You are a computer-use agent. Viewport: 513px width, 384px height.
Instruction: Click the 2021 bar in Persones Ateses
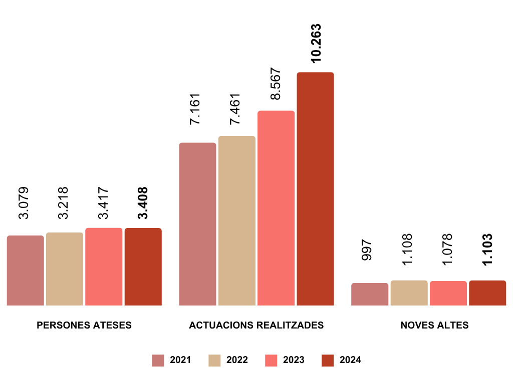coord(26,270)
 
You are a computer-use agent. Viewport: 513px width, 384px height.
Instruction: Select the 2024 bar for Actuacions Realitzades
coord(315,189)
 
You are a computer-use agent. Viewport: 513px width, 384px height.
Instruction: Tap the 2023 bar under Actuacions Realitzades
coord(276,208)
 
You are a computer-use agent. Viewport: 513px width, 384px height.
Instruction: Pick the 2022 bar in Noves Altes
coord(409,293)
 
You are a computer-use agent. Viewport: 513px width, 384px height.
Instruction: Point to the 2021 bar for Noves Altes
coord(370,294)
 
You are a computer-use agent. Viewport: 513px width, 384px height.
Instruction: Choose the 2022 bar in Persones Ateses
coord(65,269)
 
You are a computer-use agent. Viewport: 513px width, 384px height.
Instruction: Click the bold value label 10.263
coord(316,43)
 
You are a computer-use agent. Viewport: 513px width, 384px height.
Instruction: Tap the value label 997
coord(367,249)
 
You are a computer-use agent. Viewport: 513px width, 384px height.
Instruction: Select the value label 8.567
coord(276,83)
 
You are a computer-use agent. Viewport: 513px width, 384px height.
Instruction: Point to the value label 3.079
coord(24,203)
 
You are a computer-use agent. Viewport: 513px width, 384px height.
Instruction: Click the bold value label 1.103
coord(487,249)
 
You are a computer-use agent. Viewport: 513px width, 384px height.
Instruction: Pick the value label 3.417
coord(103,203)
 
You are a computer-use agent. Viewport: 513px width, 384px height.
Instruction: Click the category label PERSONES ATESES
coord(84,325)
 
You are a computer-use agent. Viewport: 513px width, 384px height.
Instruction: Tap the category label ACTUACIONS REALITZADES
coord(256,325)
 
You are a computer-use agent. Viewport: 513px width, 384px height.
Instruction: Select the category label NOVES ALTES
coord(435,325)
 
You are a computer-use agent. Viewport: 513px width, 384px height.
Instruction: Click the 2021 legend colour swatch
coord(158,360)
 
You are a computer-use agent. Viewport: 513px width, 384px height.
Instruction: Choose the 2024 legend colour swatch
coord(327,360)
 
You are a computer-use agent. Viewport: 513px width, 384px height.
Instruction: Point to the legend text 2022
coord(237,360)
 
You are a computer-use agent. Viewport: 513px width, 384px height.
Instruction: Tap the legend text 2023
coord(294,360)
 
